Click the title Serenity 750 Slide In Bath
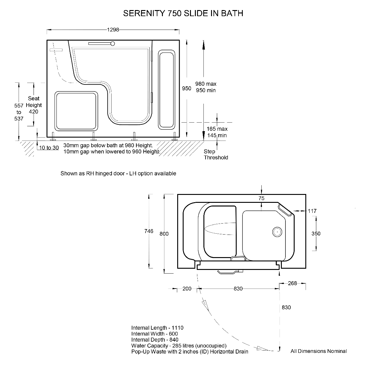click(x=183, y=13)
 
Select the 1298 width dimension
click(x=113, y=30)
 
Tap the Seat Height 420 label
click(x=34, y=105)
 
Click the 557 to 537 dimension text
click(x=19, y=112)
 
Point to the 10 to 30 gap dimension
click(x=49, y=148)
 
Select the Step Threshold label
click(x=216, y=155)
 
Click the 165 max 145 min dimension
click(x=217, y=132)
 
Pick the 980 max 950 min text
click(x=206, y=87)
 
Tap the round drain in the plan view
click(x=277, y=232)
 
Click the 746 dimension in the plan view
click(x=149, y=231)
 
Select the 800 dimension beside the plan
click(x=164, y=234)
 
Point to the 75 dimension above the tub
click(x=261, y=198)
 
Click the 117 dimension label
click(x=312, y=211)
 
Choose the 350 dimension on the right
click(x=316, y=234)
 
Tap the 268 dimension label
click(x=292, y=283)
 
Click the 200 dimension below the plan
click(x=187, y=289)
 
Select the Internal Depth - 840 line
click(x=155, y=340)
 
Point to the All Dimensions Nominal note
click(x=319, y=351)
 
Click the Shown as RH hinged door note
click(x=118, y=174)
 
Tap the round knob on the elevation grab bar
click(x=113, y=44)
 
